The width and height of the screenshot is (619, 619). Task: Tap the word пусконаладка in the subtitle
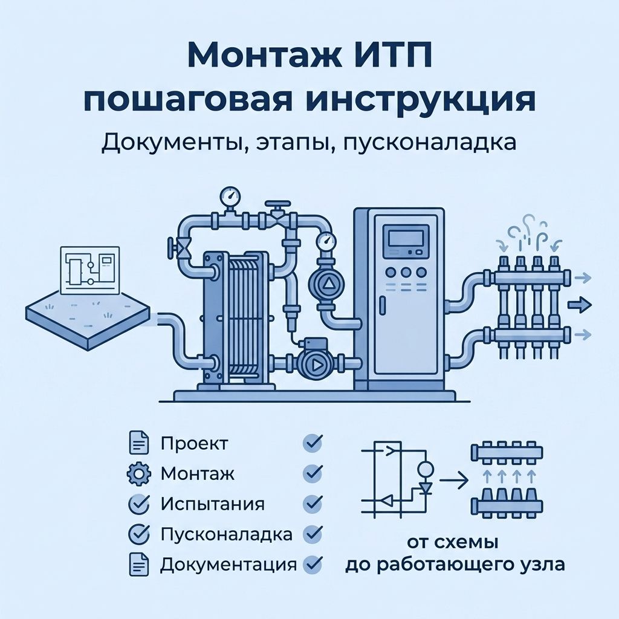(x=430, y=143)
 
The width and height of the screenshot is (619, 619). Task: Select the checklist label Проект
(x=194, y=444)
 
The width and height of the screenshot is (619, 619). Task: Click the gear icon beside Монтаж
(x=139, y=473)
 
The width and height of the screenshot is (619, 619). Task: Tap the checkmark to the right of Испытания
(x=313, y=504)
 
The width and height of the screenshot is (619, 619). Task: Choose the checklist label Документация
(x=228, y=565)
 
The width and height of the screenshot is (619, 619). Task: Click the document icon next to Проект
(x=139, y=443)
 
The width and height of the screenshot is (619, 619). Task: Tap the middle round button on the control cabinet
(x=406, y=272)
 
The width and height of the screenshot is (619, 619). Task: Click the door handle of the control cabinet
(x=382, y=306)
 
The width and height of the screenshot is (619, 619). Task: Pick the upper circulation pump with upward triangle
(x=327, y=284)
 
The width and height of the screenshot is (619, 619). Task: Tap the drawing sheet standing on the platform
(x=90, y=270)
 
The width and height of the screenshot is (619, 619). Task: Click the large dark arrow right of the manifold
(x=580, y=305)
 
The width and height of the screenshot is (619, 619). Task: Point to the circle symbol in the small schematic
(x=426, y=469)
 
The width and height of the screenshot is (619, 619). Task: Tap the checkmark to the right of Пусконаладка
(x=313, y=534)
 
